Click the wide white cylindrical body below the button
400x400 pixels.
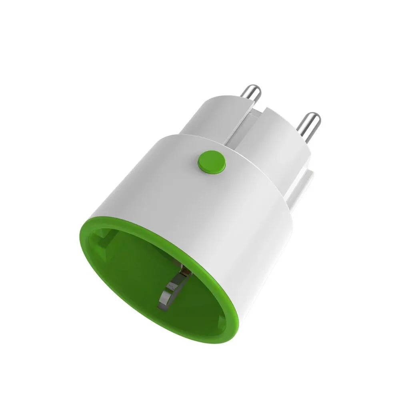tap(208, 208)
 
